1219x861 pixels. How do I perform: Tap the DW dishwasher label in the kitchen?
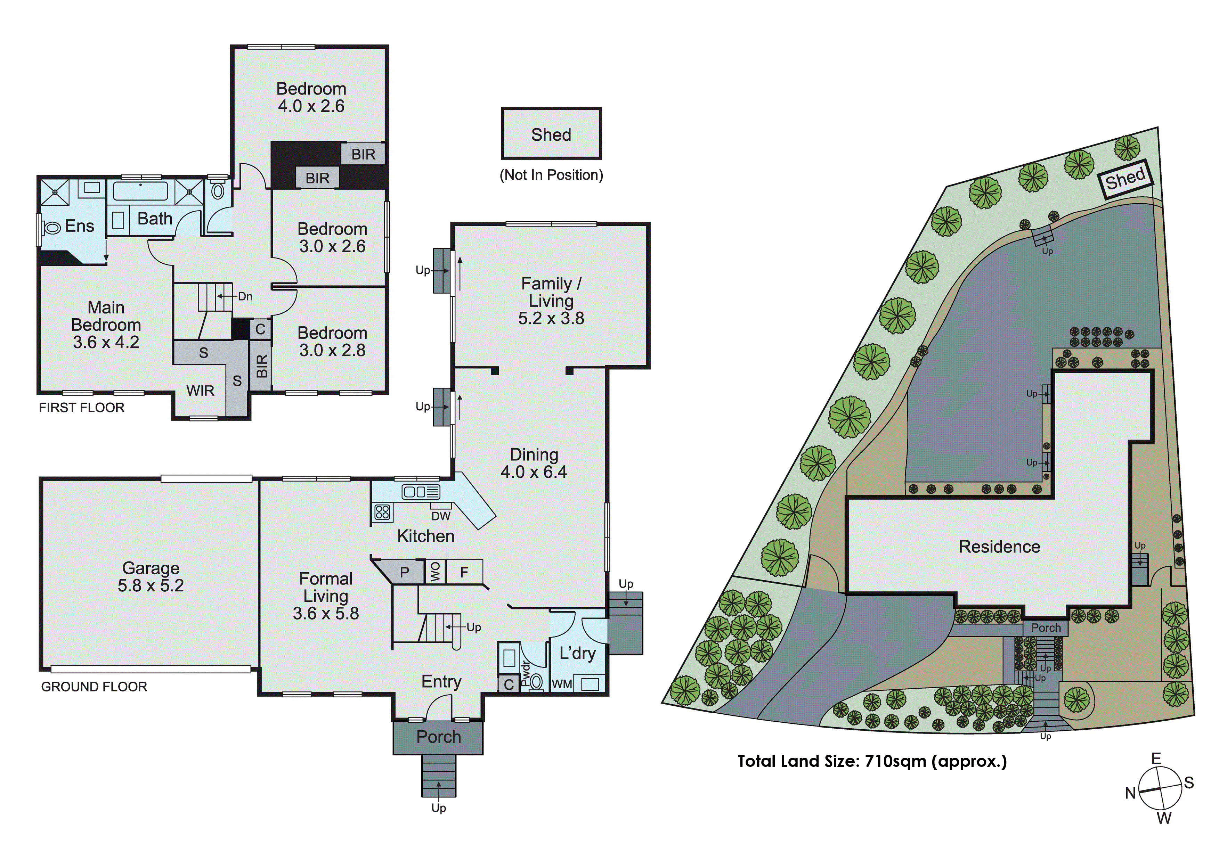pos(441,516)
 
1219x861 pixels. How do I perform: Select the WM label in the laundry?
pos(562,684)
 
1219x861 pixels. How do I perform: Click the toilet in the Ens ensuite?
pos(52,228)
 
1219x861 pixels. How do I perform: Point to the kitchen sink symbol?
pos(421,492)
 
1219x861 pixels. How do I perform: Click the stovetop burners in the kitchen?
pos(382,512)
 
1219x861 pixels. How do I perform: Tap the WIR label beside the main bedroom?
pos(200,391)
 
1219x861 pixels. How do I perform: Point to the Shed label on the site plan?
pos(1125,179)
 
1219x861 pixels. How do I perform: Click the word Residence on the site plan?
pos(999,547)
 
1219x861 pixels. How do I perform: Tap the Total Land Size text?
pos(872,761)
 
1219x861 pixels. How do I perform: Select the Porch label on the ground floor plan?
pos(439,737)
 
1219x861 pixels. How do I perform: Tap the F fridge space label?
pos(464,572)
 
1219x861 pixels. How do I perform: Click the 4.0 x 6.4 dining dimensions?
pos(534,472)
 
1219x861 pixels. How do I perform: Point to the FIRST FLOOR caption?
pos(82,408)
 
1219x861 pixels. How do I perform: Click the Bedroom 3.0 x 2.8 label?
pos(332,341)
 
